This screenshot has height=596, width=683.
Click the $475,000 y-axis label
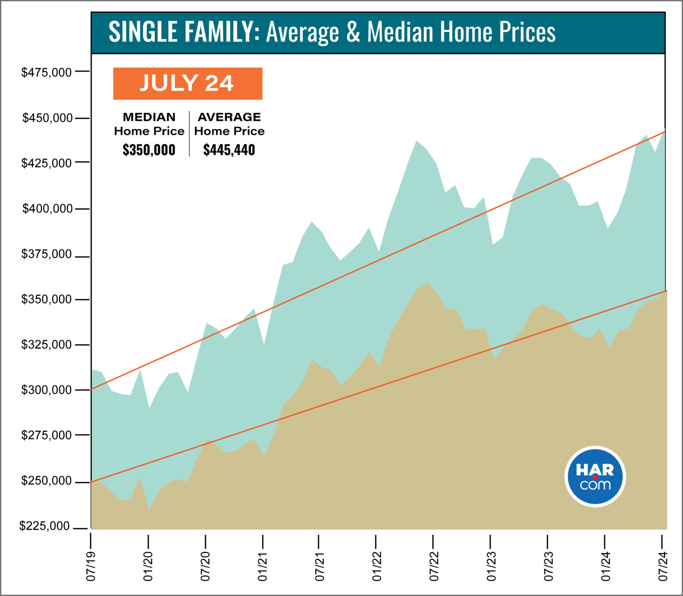(47, 72)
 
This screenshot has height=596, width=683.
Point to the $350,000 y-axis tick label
(47, 300)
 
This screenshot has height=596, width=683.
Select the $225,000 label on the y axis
(44, 526)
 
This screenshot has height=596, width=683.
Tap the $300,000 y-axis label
(47, 390)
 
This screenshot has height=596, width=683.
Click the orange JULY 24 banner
(187, 83)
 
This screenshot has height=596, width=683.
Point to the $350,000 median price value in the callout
(149, 150)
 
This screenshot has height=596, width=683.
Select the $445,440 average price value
(229, 150)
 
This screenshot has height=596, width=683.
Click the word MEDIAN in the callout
(149, 117)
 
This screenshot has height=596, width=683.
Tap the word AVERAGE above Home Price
(229, 117)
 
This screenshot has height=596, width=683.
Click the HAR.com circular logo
(595, 477)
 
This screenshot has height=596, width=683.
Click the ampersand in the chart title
(353, 32)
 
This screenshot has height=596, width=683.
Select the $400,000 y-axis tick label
(47, 209)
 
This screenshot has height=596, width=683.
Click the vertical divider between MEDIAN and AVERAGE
(190, 133)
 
